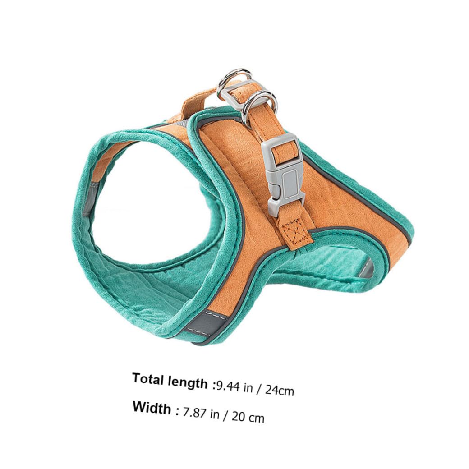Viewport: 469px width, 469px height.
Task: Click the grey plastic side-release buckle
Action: click(x=284, y=174)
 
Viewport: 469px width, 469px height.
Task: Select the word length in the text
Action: click(x=187, y=382)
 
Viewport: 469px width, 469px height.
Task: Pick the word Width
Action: click(x=152, y=407)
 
